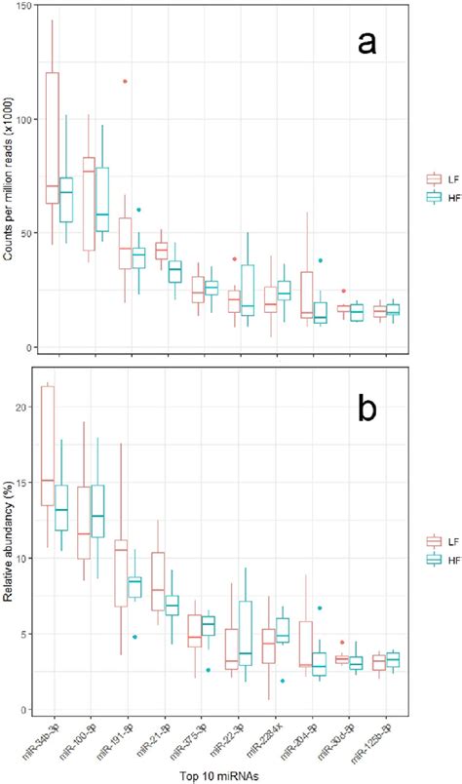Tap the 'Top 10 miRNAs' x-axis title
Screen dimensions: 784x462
click(208, 775)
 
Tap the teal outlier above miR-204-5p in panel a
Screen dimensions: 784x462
click(320, 260)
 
